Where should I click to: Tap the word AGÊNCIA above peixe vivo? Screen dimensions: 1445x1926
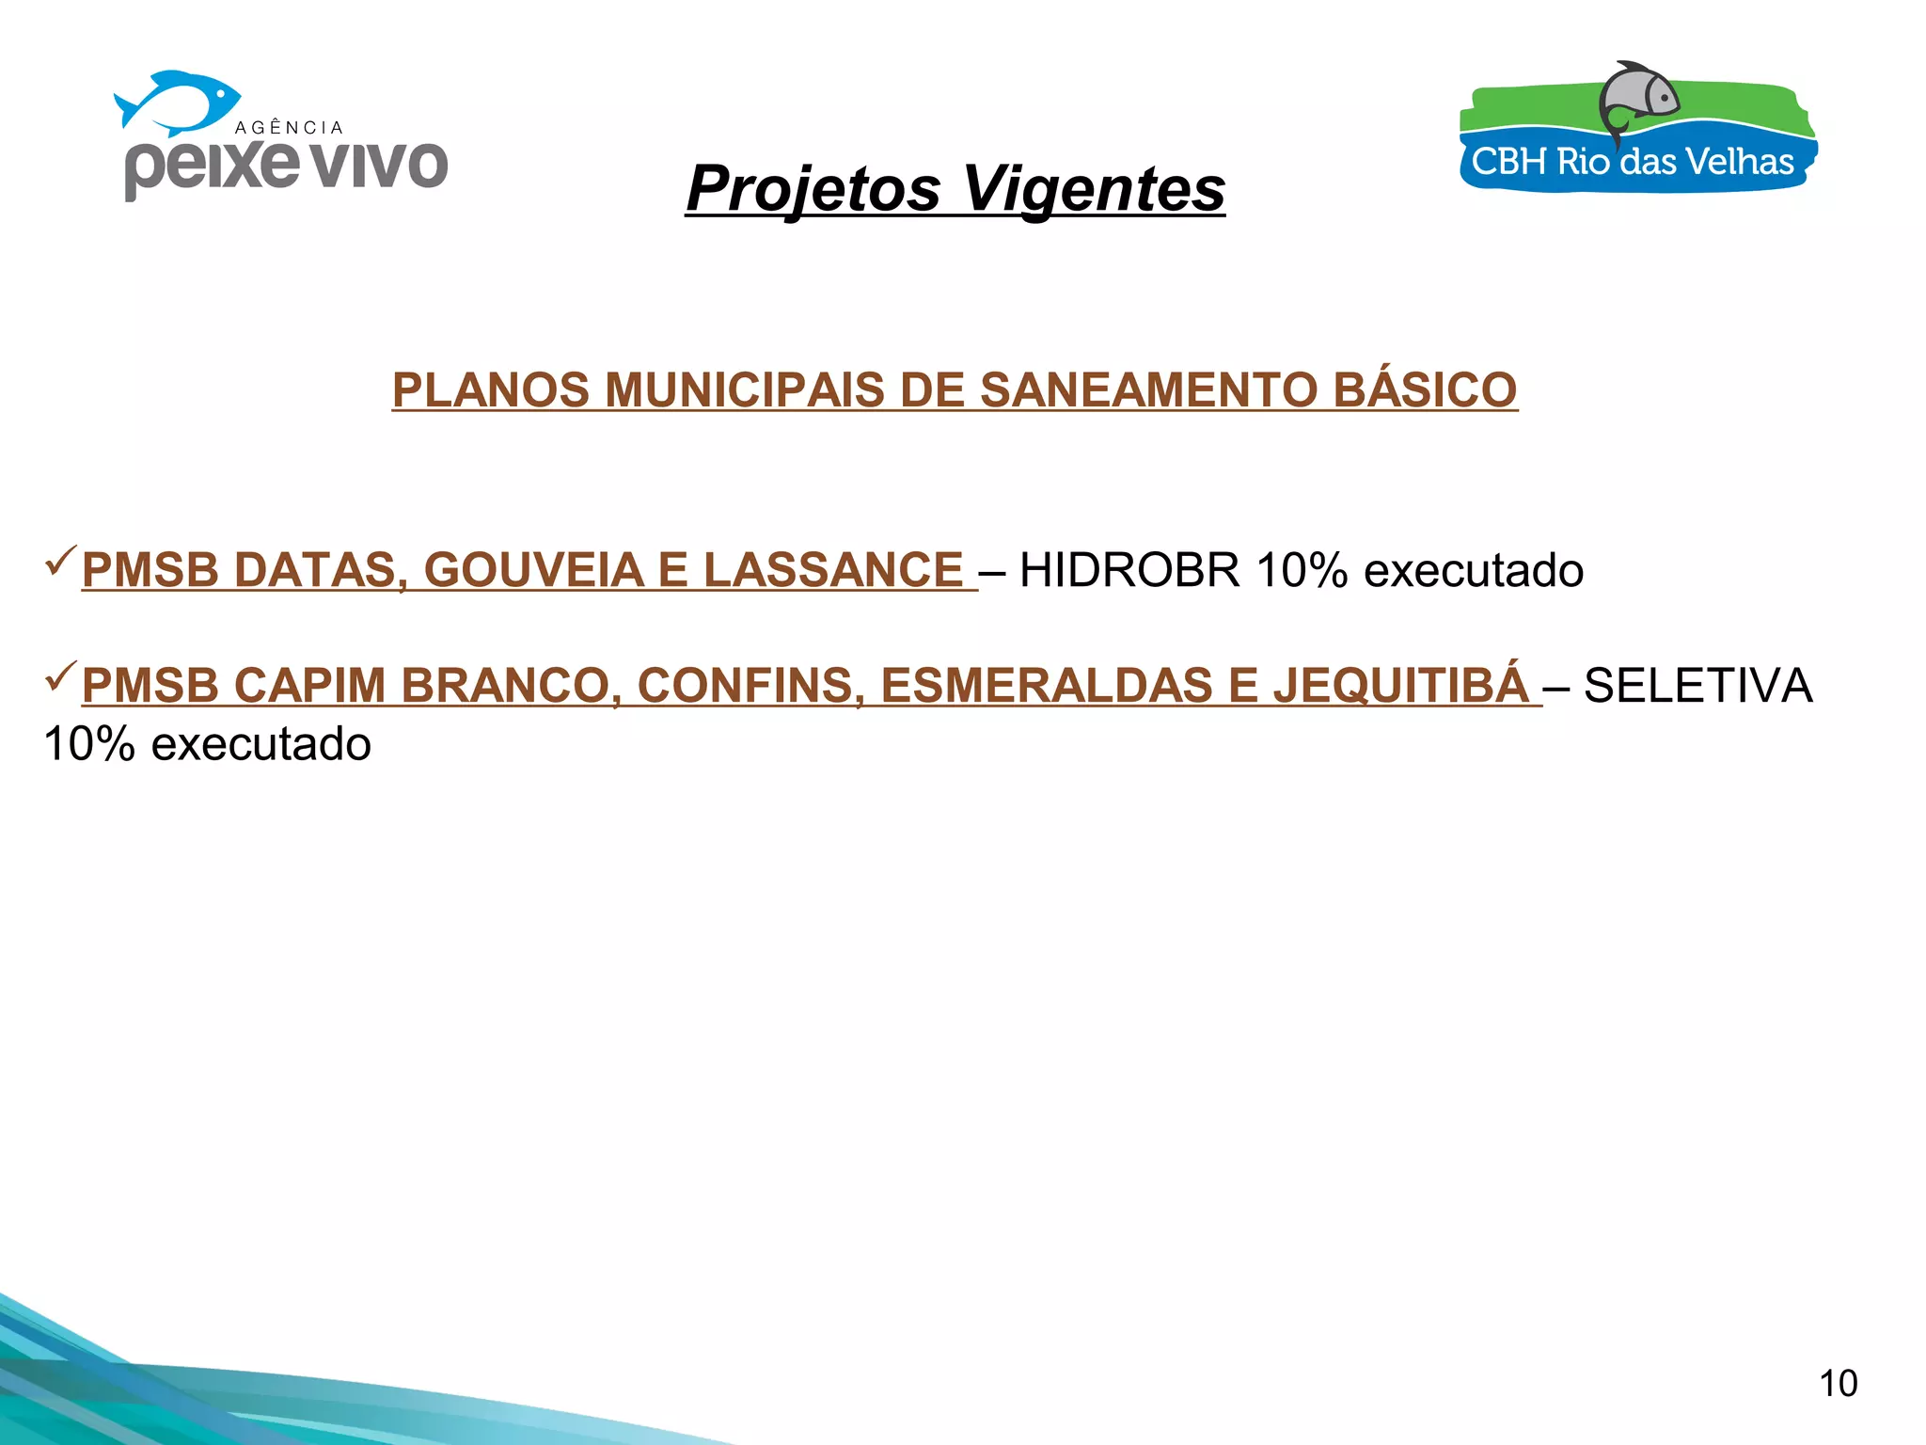point(289,128)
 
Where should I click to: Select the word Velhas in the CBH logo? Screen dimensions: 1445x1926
point(1739,163)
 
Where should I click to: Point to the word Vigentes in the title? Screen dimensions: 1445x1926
point(1094,188)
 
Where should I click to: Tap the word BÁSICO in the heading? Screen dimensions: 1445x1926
point(1425,390)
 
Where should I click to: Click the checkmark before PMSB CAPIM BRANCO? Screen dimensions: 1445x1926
point(61,675)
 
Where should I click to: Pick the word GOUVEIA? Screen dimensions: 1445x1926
point(533,570)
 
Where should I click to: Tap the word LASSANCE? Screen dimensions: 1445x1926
point(833,570)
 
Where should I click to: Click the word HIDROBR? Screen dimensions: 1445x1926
point(1129,570)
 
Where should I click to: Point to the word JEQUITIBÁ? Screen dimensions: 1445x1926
point(1401,685)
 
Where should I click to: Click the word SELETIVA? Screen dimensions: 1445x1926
point(1697,685)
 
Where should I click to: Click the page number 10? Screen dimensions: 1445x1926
point(1838,1384)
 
